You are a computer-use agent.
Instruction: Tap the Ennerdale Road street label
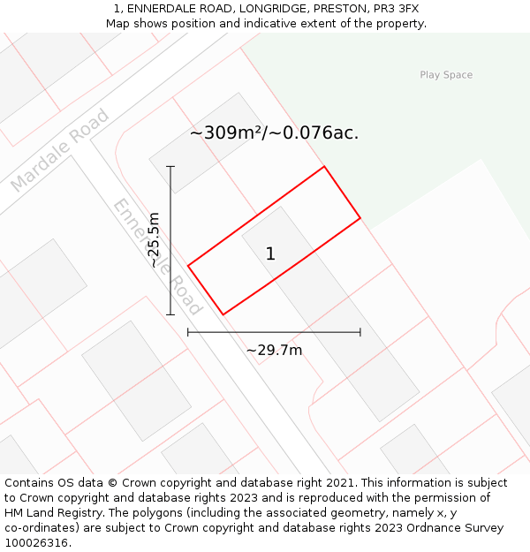(157, 257)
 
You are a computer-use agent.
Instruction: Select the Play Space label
(446, 75)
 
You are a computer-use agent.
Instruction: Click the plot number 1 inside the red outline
(270, 254)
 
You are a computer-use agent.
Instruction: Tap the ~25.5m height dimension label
(155, 239)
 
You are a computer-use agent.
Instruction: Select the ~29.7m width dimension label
(274, 351)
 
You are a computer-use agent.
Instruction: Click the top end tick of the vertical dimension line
(170, 166)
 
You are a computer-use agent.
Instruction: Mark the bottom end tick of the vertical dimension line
(170, 314)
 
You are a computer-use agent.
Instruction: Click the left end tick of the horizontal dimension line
(188, 332)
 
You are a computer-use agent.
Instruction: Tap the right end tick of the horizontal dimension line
(360, 332)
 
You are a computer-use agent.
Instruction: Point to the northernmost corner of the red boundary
(324, 166)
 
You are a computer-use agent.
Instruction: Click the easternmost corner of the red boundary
(360, 217)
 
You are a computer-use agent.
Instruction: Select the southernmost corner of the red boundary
(223, 314)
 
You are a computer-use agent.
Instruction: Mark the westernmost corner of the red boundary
(188, 265)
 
